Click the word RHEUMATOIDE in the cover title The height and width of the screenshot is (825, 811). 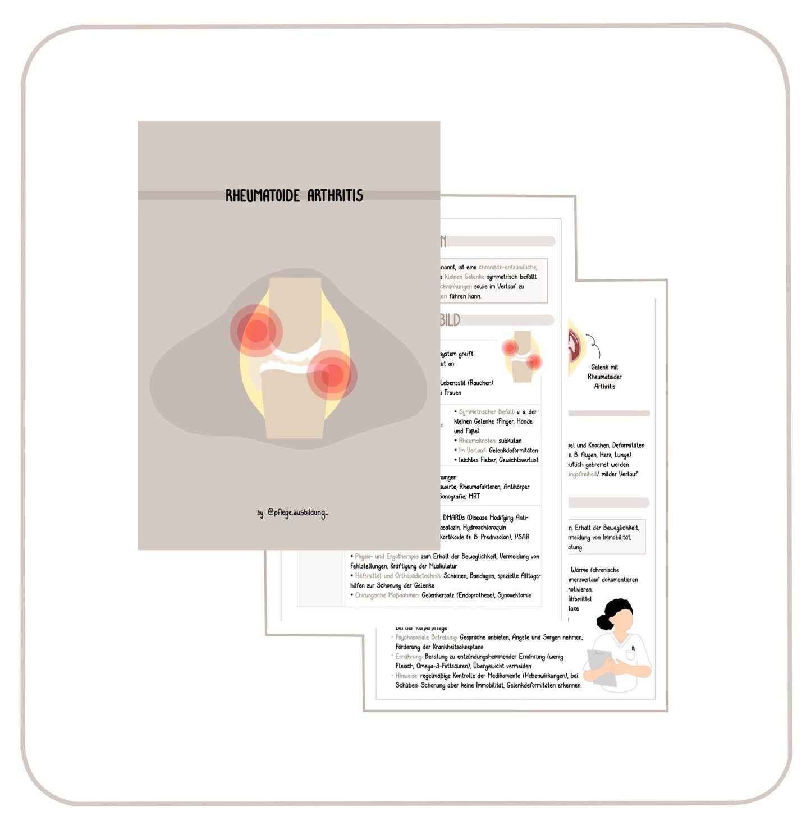262,195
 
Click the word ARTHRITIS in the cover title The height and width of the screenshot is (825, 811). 335,195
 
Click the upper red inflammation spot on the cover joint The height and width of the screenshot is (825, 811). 256,331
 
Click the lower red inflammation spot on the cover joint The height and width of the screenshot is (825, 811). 332,374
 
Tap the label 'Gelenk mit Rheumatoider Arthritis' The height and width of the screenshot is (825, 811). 604,377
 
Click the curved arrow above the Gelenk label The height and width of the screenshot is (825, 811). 594,345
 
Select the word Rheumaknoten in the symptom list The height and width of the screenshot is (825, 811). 477,441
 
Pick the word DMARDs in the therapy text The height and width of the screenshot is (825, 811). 454,517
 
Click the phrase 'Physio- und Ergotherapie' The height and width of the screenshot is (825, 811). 387,556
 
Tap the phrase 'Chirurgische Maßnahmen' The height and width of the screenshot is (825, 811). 387,595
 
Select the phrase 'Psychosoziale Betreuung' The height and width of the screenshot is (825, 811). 426,637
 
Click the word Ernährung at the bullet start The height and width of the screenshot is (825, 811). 409,656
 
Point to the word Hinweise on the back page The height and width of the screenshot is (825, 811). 406,676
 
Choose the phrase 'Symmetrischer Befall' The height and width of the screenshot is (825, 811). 485,411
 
